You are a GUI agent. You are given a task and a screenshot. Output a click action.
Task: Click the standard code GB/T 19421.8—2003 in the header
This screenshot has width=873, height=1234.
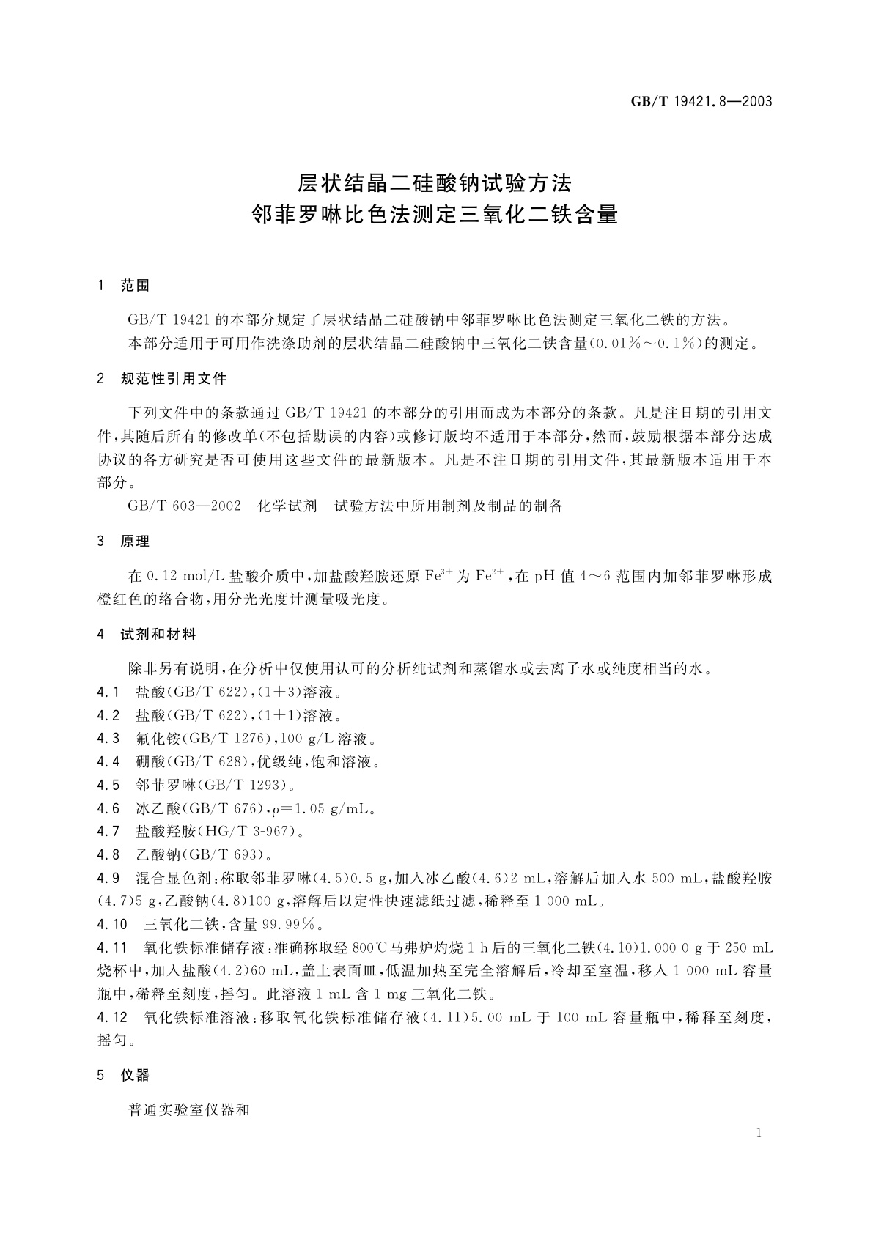[x=701, y=102]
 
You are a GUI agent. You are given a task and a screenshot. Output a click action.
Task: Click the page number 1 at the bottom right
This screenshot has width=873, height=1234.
[x=759, y=1133]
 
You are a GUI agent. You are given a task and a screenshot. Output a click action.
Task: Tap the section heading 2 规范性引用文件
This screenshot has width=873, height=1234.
[x=162, y=379]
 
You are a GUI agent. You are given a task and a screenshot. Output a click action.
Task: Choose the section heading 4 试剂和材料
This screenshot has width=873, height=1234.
[x=147, y=634]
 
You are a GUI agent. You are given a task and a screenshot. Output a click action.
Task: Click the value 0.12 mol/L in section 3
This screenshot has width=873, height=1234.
[x=185, y=576]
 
